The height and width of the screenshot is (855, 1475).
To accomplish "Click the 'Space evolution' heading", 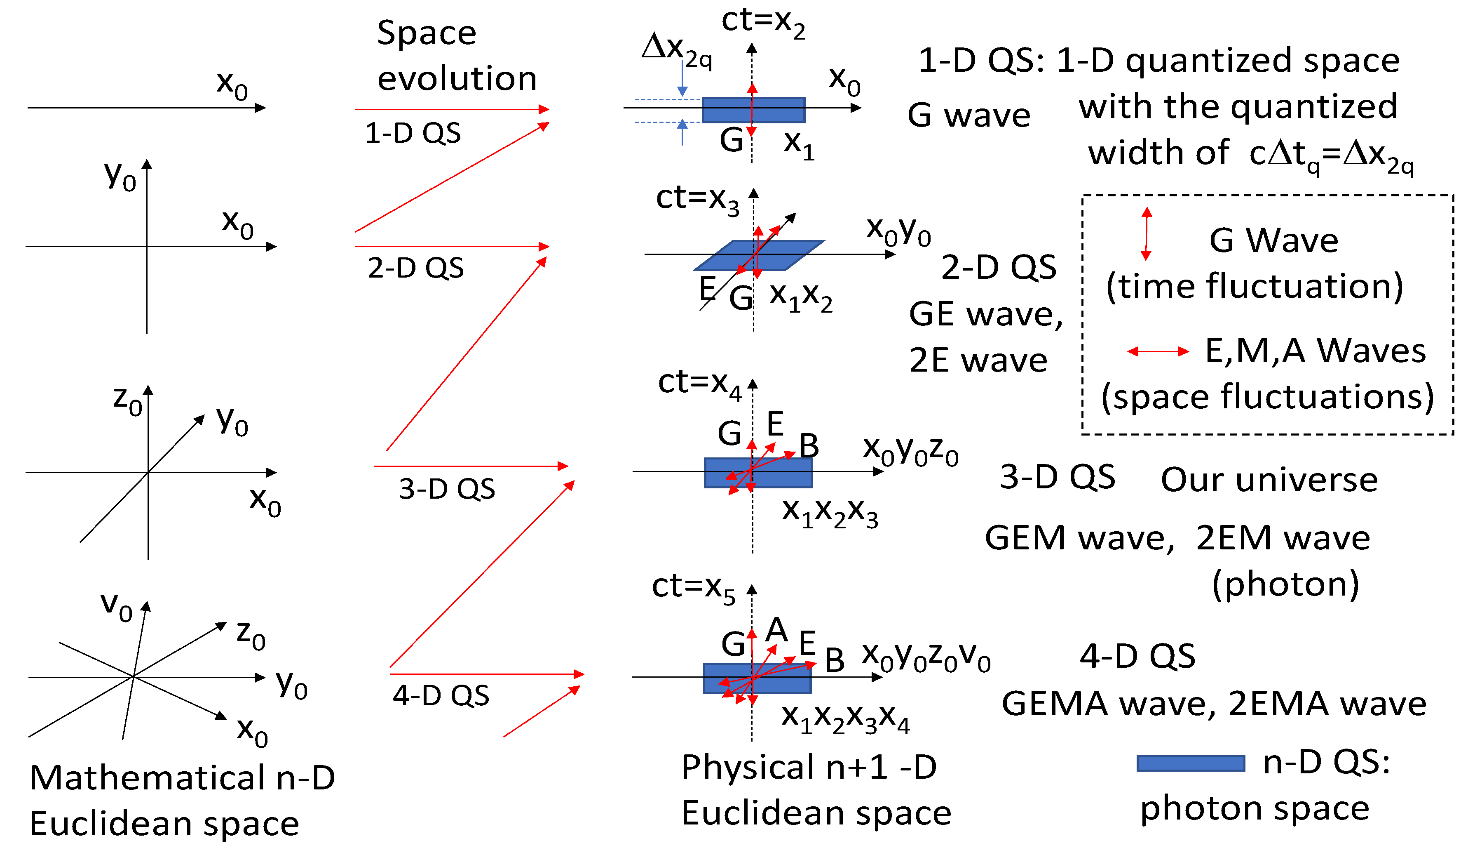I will pos(457,56).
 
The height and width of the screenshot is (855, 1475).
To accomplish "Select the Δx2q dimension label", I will pos(676,50).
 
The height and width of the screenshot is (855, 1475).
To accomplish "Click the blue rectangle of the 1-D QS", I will pos(726,110).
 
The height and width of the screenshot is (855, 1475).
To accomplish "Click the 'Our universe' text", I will pos(1269,480).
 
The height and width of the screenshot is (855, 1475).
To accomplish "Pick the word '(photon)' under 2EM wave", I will pos(1285,584).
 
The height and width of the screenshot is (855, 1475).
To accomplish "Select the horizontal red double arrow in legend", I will pos(1158,351).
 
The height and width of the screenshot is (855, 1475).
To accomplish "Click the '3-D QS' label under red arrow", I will pos(447,489).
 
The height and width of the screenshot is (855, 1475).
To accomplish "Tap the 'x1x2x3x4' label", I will pos(845,719).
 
